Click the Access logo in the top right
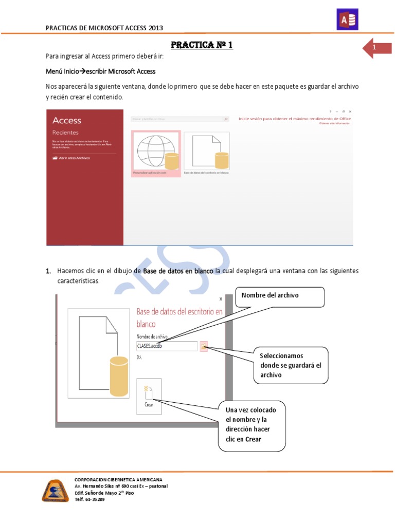[347, 20]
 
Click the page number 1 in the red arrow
[374, 48]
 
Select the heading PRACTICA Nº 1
[202, 45]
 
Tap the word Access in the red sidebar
[67, 120]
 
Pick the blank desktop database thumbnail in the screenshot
[206, 151]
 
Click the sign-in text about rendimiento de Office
[295, 119]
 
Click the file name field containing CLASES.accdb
[167, 346]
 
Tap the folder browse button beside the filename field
[204, 346]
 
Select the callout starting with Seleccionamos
[290, 365]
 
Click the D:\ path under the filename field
[139, 355]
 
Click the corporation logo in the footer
[55, 491]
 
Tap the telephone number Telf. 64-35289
[90, 499]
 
